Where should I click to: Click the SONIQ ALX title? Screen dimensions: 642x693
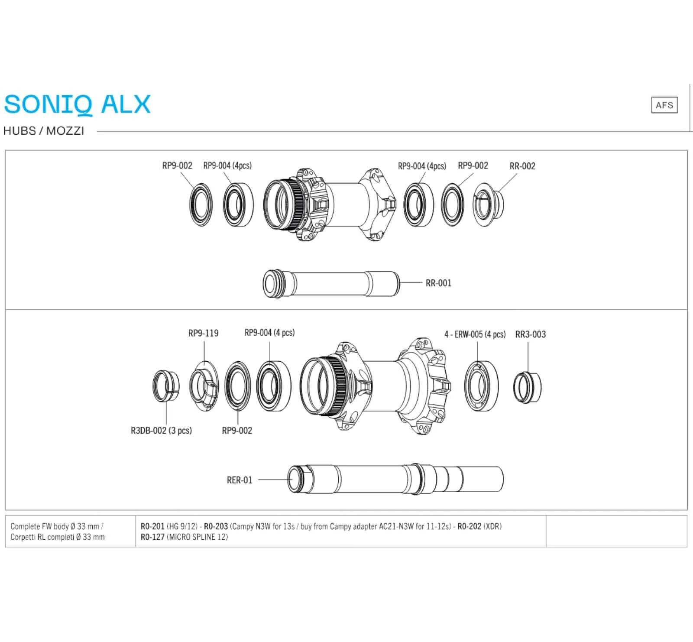[x=77, y=104]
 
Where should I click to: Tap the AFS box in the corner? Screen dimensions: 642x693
[x=664, y=105]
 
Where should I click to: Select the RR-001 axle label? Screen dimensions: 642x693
[x=438, y=283]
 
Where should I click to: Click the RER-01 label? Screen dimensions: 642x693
[x=239, y=480]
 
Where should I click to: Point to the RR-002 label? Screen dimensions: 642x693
[x=522, y=166]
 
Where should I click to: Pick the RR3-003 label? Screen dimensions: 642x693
[x=530, y=334]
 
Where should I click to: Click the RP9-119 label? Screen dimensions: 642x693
[x=203, y=333]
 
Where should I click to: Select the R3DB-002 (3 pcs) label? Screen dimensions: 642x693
[x=161, y=431]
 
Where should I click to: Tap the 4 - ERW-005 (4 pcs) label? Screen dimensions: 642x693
[x=475, y=334]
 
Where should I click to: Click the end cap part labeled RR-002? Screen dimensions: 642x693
[x=488, y=204]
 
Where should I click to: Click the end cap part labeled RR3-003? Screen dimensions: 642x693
[x=527, y=387]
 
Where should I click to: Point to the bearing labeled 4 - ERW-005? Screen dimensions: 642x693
[x=481, y=386]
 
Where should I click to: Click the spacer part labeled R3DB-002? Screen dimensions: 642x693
[x=166, y=386]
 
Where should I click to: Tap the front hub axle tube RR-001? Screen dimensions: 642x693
[x=331, y=284]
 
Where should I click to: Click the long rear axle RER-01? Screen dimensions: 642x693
[x=395, y=479]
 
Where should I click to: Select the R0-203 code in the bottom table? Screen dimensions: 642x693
[x=216, y=526]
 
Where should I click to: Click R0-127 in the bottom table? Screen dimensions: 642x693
[x=152, y=537]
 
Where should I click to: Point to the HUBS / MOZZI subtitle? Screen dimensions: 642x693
[x=44, y=131]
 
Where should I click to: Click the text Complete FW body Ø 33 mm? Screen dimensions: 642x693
[x=56, y=526]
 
